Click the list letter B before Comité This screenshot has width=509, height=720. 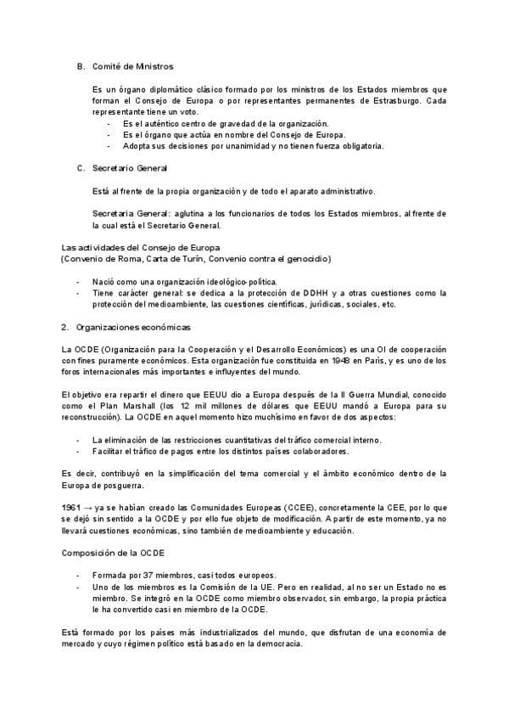click(x=81, y=65)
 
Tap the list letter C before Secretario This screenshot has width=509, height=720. click(x=81, y=168)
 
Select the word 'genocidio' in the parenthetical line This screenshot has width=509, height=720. click(x=309, y=258)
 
